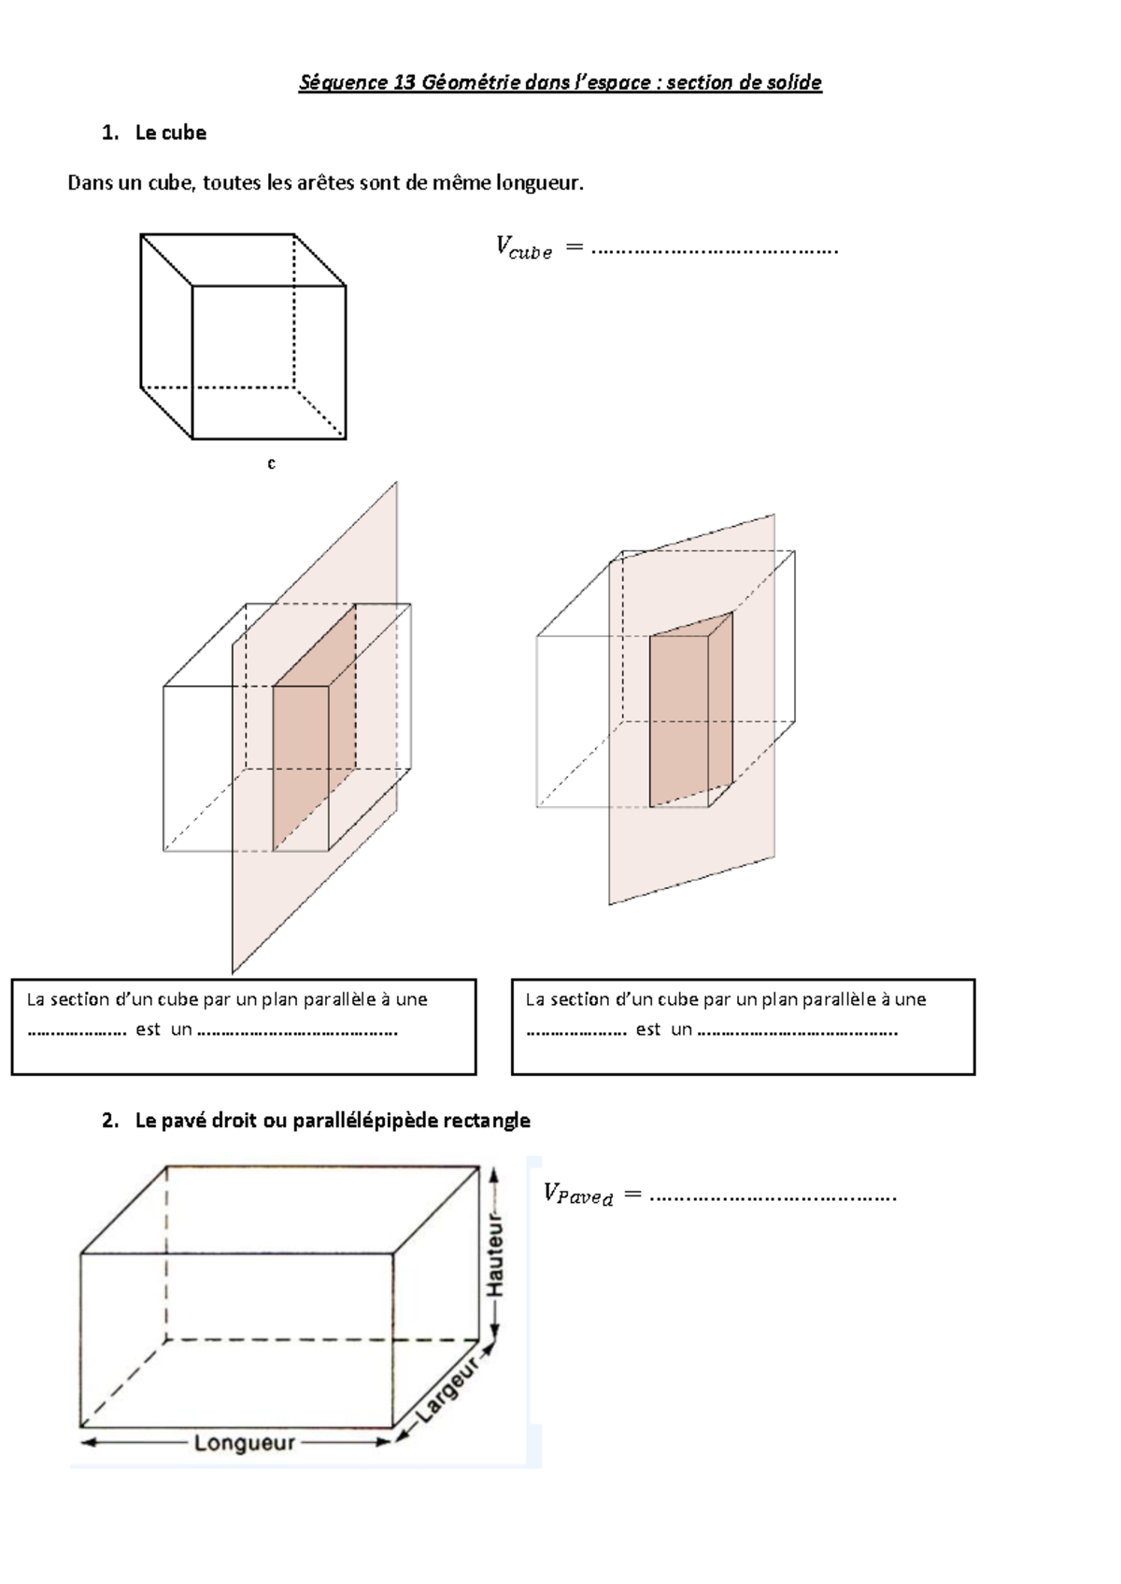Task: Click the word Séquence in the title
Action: click(343, 83)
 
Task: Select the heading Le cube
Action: click(170, 133)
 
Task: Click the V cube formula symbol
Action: click(523, 248)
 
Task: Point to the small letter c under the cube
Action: click(271, 463)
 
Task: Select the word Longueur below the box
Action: click(244, 1443)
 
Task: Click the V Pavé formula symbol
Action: click(577, 1195)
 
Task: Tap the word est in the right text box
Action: click(647, 1029)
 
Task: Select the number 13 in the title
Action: click(404, 83)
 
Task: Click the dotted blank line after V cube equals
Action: click(715, 250)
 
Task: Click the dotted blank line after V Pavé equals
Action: click(772, 1196)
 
